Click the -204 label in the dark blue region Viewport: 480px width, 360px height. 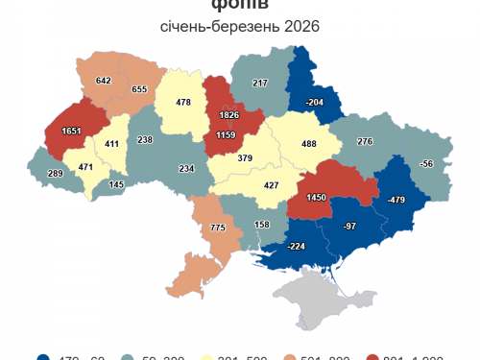(313, 102)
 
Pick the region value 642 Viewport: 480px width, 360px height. (105, 81)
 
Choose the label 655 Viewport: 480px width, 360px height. (140, 89)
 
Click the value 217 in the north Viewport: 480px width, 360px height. (260, 84)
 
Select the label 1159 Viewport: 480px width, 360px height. (226, 136)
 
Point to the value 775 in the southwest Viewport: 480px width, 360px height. (217, 228)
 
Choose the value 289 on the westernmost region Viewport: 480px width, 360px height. (56, 174)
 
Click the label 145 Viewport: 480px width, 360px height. (116, 183)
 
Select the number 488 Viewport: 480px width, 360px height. (309, 144)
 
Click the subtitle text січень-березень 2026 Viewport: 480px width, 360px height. (240, 25)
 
